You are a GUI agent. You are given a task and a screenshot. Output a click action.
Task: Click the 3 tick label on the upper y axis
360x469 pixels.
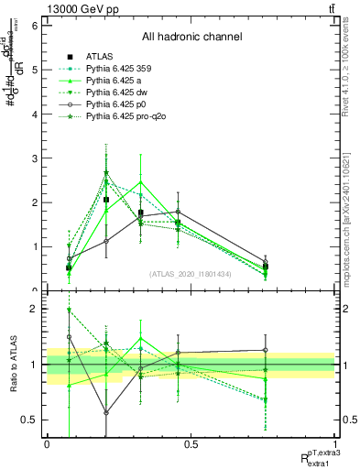(34, 158)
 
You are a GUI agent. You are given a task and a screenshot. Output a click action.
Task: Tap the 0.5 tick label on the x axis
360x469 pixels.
(191, 444)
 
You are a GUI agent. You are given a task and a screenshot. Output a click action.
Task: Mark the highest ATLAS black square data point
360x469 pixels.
(106, 200)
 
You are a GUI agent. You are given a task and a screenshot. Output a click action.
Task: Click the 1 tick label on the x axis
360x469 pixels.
(335, 444)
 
